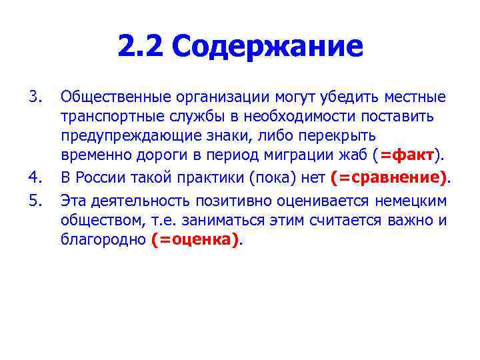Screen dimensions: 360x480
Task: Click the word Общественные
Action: click(107, 97)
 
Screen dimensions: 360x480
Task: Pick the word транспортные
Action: click(107, 117)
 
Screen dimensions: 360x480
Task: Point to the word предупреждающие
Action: click(121, 137)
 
